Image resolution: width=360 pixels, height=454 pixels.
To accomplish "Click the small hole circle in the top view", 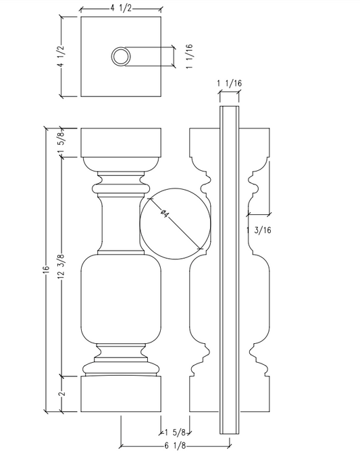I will tap(121, 57).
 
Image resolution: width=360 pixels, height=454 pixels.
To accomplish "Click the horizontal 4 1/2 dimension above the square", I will tap(121, 7).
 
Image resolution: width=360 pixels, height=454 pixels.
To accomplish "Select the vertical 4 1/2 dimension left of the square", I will tap(59, 57).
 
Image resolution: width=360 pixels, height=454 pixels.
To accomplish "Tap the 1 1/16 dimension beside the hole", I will tap(190, 57).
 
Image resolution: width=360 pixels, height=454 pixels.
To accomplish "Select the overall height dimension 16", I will tap(45, 269).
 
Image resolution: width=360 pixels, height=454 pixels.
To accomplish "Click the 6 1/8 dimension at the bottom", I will tap(176, 445).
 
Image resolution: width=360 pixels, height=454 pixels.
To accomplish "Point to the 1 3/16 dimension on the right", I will tap(261, 230).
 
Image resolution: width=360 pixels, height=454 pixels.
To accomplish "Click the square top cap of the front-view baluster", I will tap(122, 142).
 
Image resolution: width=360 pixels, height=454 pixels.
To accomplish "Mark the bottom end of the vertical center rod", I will tap(230, 432).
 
